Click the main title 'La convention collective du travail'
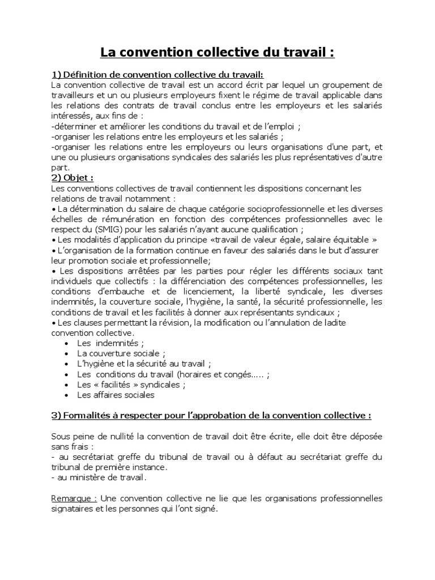click(x=217, y=53)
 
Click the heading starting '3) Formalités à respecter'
click(x=211, y=415)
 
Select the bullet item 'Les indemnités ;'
click(x=110, y=343)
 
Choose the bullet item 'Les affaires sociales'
click(x=116, y=395)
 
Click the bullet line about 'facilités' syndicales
click(x=131, y=385)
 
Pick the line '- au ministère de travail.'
click(x=99, y=477)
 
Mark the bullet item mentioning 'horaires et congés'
click(x=173, y=374)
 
